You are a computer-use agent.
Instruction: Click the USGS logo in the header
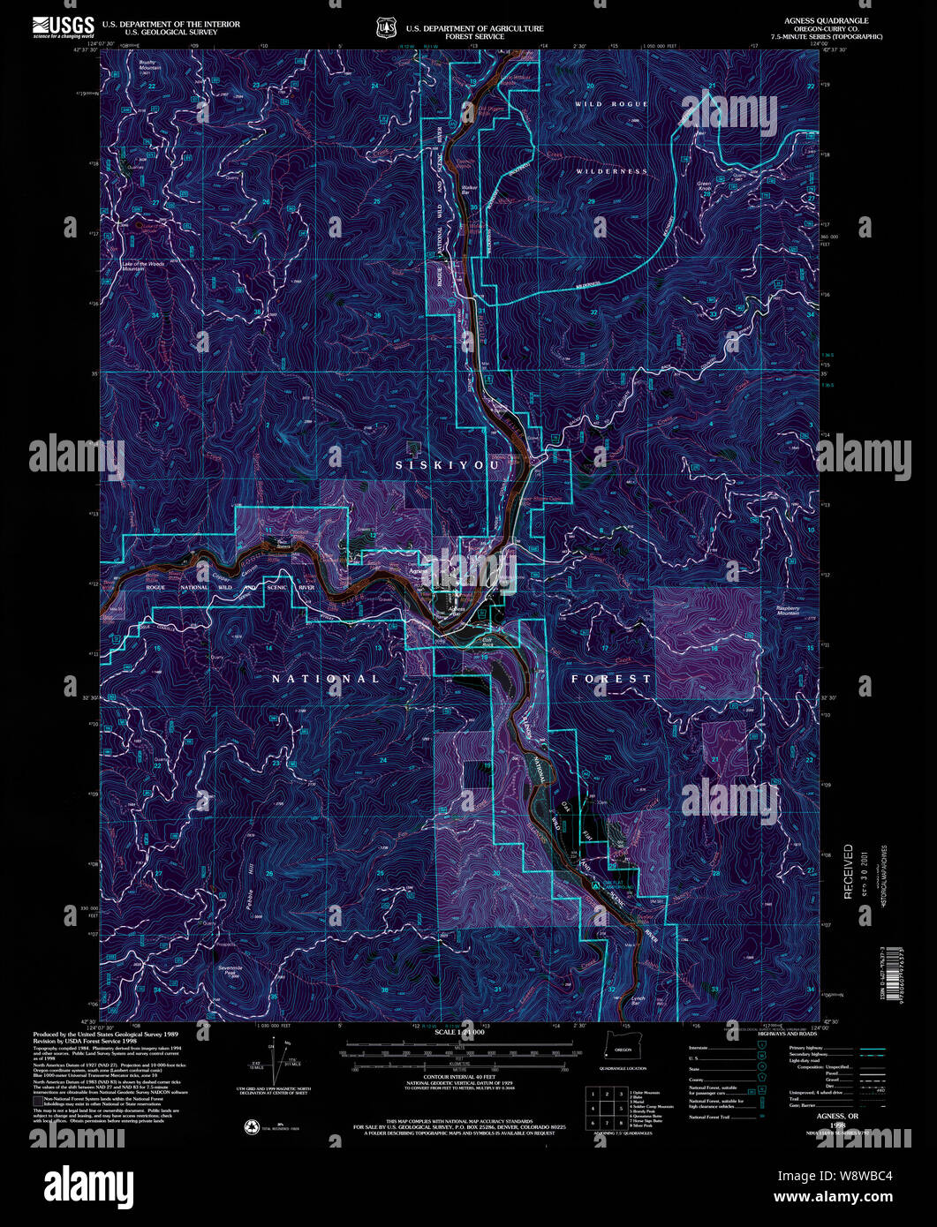point(64,26)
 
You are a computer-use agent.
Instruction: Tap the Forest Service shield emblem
point(385,28)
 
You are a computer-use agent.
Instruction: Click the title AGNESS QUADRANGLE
point(826,20)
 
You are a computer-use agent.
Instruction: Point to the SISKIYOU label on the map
point(448,465)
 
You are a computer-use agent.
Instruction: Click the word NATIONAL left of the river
point(325,679)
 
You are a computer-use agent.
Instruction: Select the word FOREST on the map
point(611,679)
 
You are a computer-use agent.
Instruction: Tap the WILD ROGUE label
point(611,104)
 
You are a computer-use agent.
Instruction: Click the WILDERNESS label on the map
point(611,171)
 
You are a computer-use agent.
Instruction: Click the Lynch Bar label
point(639,1000)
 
